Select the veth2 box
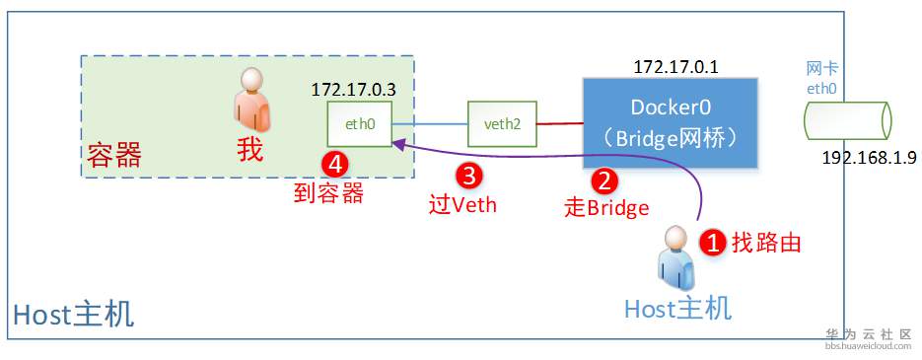click(502, 125)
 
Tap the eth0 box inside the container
click(359, 125)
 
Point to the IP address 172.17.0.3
click(353, 90)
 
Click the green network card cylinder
click(847, 121)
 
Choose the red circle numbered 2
click(603, 180)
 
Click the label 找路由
click(765, 243)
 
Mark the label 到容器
click(328, 193)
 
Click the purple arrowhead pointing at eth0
click(396, 144)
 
